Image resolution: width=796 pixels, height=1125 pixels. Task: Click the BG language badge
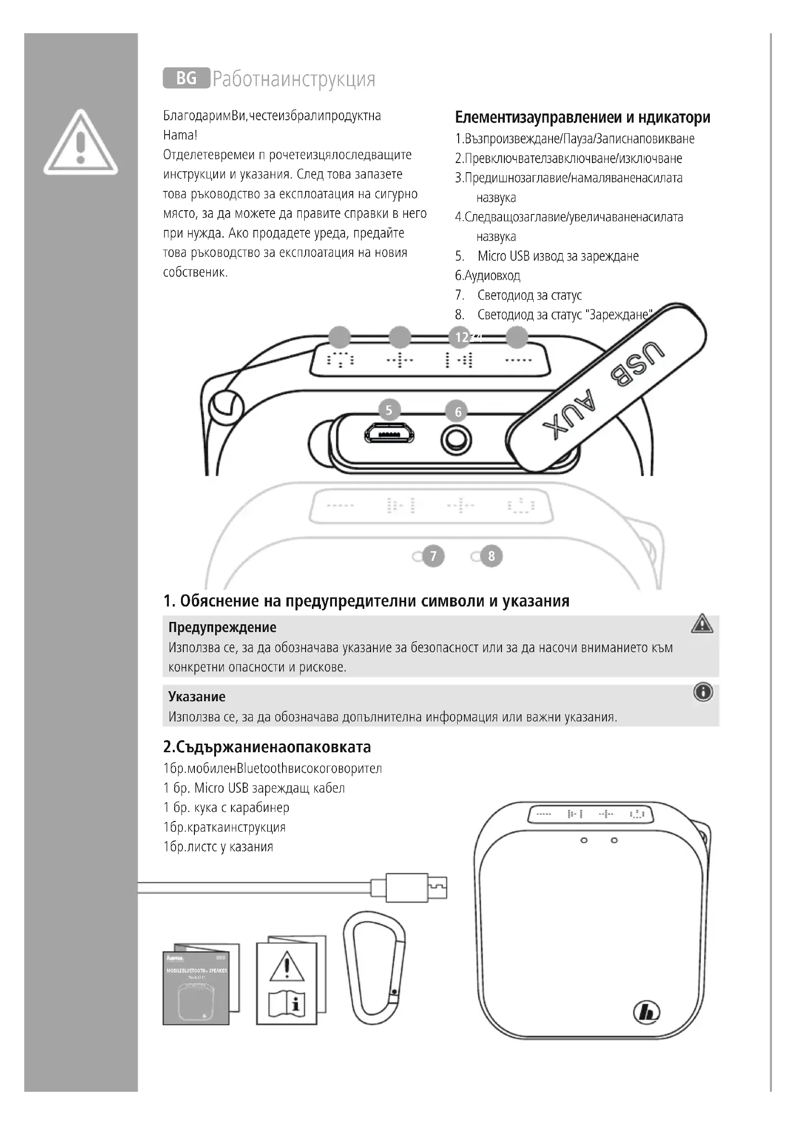tap(186, 78)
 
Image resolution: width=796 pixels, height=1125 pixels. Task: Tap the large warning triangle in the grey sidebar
tap(81, 143)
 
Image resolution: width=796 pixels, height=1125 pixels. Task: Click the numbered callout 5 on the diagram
tap(389, 410)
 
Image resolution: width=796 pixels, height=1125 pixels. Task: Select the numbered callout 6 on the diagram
tap(458, 412)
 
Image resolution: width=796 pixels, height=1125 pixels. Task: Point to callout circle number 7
tap(433, 556)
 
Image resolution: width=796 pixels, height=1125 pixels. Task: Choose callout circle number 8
tap(491, 556)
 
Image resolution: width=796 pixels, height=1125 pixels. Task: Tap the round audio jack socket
tap(456, 440)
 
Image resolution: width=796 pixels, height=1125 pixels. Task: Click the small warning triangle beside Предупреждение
tap(702, 624)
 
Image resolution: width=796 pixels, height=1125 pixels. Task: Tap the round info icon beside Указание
tap(703, 692)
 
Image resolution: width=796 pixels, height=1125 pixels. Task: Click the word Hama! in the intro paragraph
tap(180, 135)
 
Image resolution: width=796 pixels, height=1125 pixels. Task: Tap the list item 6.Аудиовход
tap(487, 276)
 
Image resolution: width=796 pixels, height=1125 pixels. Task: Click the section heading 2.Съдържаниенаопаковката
tap(267, 747)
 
